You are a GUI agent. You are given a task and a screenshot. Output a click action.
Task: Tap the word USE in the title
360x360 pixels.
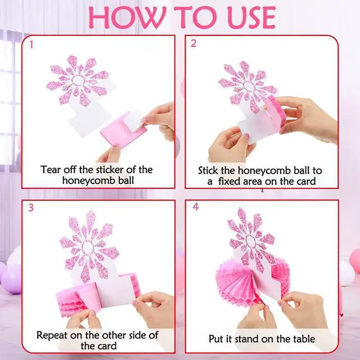[252, 17]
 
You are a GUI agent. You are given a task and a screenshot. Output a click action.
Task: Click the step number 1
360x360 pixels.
[31, 45]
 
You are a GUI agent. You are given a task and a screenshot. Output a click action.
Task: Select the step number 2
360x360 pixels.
[193, 43]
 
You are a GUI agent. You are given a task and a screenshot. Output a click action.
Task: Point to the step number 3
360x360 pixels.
[31, 208]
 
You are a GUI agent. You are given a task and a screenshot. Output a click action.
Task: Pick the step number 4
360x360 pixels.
[195, 207]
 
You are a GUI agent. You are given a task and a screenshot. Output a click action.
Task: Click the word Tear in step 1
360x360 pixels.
[51, 170]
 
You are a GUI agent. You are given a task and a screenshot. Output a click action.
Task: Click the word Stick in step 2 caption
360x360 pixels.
[208, 170]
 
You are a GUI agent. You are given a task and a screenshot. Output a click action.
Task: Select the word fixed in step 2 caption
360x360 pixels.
[229, 181]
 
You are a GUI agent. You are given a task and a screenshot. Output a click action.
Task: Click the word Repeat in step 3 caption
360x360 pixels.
[52, 335]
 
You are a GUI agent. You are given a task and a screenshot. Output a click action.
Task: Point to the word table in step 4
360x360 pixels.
[303, 339]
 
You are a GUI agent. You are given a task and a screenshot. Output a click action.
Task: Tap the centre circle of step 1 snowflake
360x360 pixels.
[79, 80]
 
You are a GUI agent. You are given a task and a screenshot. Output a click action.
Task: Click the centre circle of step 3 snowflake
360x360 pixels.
[88, 247]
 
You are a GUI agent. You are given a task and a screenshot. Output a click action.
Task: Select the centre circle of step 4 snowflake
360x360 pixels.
[250, 241]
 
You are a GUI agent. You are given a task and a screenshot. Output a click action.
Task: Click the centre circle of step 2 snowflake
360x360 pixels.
[249, 86]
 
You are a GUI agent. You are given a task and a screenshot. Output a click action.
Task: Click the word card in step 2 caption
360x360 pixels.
[306, 181]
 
